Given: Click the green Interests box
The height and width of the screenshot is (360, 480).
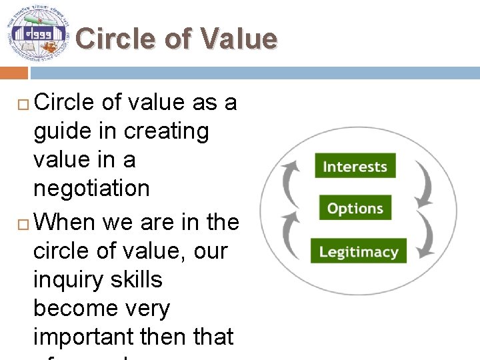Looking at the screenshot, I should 355,166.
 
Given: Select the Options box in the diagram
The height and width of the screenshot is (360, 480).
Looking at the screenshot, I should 355,209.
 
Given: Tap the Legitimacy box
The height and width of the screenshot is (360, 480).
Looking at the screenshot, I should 358,251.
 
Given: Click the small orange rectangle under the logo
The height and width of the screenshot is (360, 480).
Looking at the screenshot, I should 13,72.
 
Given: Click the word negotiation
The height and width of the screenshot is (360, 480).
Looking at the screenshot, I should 91,189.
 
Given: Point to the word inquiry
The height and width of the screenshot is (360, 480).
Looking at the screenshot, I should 63,280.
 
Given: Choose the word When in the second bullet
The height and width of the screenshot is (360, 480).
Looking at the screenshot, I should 65,222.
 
